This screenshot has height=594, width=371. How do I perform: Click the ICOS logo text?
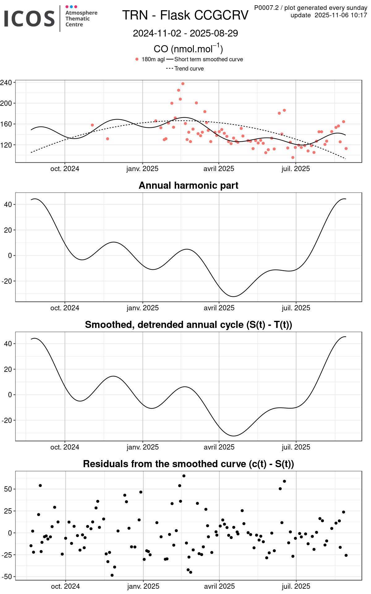point(29,18)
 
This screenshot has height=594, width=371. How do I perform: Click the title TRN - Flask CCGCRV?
point(185,15)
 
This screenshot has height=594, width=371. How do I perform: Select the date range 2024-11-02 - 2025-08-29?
point(185,33)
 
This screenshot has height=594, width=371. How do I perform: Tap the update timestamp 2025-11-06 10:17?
point(341,15)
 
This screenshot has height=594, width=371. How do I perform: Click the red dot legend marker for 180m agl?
point(137,59)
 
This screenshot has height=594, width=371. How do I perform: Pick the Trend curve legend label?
point(189,68)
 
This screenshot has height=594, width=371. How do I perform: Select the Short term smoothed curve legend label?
point(208,59)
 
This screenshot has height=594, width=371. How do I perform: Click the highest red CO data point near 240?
point(183,84)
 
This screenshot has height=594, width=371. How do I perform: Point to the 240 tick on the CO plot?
point(6,83)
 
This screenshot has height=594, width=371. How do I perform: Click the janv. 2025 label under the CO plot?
point(143,169)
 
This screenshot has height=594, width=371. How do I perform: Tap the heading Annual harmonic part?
point(188,185)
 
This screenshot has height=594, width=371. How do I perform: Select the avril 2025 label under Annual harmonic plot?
point(219,308)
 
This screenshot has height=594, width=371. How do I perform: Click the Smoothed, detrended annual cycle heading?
point(188,325)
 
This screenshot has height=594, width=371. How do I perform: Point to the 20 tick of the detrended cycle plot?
point(8,369)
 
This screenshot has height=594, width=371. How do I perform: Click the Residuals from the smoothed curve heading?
point(188,464)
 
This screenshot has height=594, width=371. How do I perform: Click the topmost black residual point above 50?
point(184,476)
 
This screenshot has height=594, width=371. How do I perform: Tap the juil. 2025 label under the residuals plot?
point(296,586)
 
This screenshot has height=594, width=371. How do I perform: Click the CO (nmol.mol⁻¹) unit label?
point(188,49)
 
